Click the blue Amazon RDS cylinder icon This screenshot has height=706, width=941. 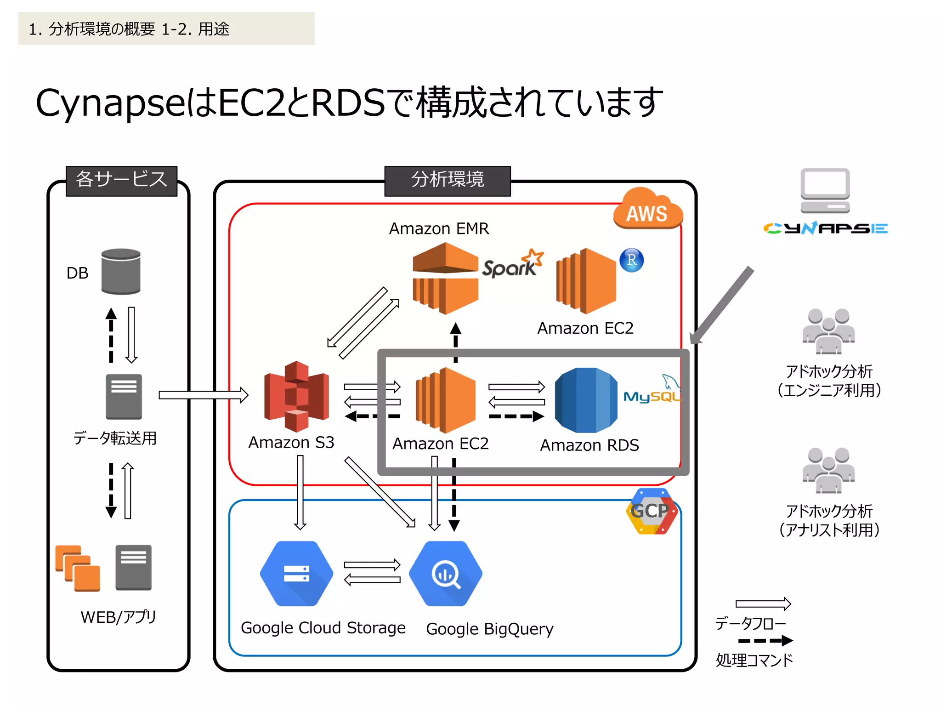pos(586,400)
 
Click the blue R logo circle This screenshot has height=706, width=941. pos(632,260)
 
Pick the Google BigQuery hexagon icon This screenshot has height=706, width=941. pos(445,574)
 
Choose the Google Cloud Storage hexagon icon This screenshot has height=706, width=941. pos(296,574)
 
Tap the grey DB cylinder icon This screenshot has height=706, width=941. pos(121,271)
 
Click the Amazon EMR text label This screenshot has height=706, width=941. pos(439,228)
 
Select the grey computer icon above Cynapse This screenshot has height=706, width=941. pos(825,190)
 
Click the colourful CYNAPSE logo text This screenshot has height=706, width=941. pos(825,228)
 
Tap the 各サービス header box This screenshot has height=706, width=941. pos(121,181)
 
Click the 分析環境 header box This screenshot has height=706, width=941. pos(447,181)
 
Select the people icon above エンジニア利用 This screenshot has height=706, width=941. pos(828,331)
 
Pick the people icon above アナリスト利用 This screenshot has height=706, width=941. pos(828,470)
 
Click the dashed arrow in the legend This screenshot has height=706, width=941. pos(765,640)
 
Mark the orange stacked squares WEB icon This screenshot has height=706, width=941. pos(78,568)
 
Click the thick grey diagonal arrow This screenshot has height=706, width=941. pos(722,305)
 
